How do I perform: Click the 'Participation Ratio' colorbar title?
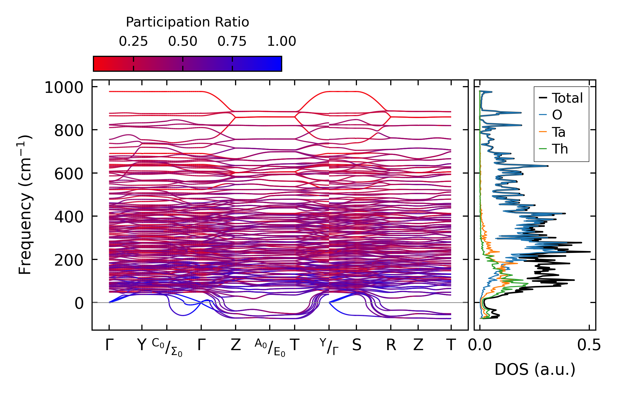(187, 22)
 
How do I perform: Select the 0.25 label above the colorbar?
(133, 41)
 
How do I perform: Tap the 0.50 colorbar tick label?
(183, 41)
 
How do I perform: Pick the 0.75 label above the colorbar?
(232, 41)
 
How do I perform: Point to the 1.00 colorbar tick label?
(281, 41)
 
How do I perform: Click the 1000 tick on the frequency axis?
(64, 88)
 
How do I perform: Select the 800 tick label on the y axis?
(69, 131)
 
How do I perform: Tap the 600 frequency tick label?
(69, 174)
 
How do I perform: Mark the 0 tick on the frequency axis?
(79, 303)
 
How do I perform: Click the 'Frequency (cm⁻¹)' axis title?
(25, 205)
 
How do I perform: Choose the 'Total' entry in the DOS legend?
(567, 98)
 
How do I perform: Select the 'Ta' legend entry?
(558, 132)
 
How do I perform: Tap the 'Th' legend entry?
(560, 149)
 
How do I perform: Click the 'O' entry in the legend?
(557, 115)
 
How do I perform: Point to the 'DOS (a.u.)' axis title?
(535, 369)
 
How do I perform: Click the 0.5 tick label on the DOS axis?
(589, 346)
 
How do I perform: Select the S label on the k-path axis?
(356, 346)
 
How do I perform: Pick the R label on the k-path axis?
(391, 346)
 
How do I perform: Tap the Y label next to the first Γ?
(142, 346)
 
